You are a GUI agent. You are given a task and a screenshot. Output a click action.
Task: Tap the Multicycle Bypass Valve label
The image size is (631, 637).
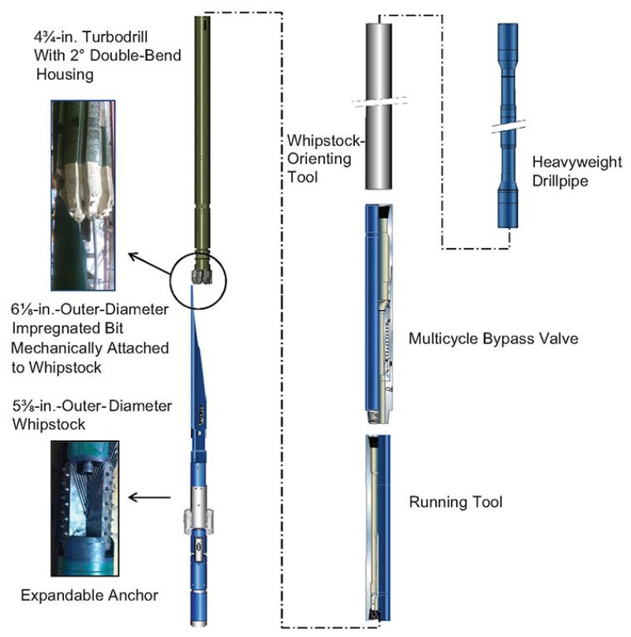(x=494, y=339)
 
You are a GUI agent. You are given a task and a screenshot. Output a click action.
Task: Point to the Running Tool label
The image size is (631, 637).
(x=456, y=502)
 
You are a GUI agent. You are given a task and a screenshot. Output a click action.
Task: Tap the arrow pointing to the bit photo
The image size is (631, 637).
(x=151, y=264)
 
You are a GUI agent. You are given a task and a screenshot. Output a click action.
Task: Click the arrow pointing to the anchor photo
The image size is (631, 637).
(x=151, y=497)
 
